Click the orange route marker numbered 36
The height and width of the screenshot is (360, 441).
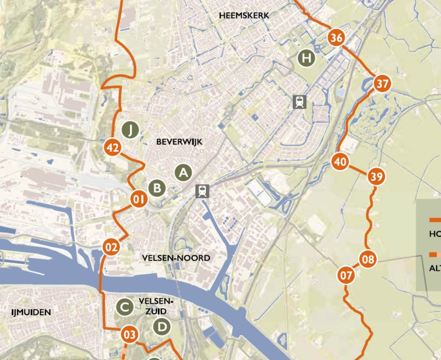336,38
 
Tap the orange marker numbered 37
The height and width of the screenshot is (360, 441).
382,84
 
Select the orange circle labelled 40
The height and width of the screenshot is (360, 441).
341,162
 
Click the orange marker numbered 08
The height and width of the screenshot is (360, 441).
368,259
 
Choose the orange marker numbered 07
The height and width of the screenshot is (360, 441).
346,275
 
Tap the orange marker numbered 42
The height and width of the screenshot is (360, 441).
112,148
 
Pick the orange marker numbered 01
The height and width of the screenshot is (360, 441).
139,199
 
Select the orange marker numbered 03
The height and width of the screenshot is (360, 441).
129,334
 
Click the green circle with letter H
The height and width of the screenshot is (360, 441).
307,58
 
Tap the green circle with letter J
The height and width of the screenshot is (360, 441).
130,130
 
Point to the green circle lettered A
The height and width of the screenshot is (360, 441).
183,172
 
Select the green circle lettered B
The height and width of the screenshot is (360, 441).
157,188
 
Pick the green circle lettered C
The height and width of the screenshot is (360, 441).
125,307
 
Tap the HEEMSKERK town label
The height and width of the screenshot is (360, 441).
244,15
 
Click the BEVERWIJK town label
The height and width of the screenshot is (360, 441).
180,142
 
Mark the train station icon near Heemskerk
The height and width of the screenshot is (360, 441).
299,102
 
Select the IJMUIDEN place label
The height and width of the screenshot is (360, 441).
31,312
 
